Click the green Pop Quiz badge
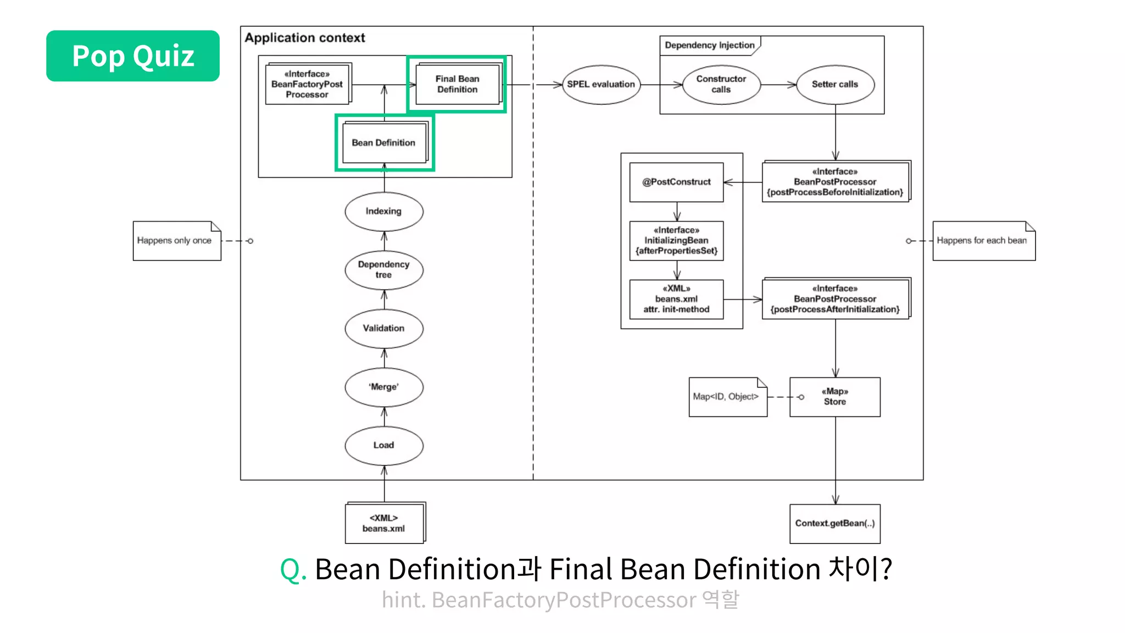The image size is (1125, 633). pyautogui.click(x=133, y=56)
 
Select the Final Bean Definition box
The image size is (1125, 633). pyautogui.click(x=458, y=84)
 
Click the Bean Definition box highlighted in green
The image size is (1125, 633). pyautogui.click(x=384, y=143)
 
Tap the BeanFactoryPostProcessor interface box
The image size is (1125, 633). pyautogui.click(x=307, y=84)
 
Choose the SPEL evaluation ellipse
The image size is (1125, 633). pyautogui.click(x=601, y=85)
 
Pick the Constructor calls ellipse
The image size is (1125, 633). pyautogui.click(x=721, y=85)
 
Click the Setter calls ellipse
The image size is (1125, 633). pyautogui.click(x=835, y=85)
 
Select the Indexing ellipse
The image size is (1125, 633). pyautogui.click(x=384, y=212)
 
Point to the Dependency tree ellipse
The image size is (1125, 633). pyautogui.click(x=384, y=270)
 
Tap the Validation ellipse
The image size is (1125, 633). pyautogui.click(x=384, y=329)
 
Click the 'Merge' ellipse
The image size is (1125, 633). pyautogui.click(x=384, y=387)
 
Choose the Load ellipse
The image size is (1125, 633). pyautogui.click(x=384, y=446)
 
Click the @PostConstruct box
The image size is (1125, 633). pyautogui.click(x=676, y=182)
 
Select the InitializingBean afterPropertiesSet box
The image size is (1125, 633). pyautogui.click(x=676, y=241)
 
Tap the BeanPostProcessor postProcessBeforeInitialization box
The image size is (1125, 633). pyautogui.click(x=835, y=182)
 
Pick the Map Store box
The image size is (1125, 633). pyautogui.click(x=835, y=397)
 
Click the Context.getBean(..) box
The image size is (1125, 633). pyautogui.click(x=835, y=524)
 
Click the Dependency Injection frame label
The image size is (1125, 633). pyautogui.click(x=709, y=46)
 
